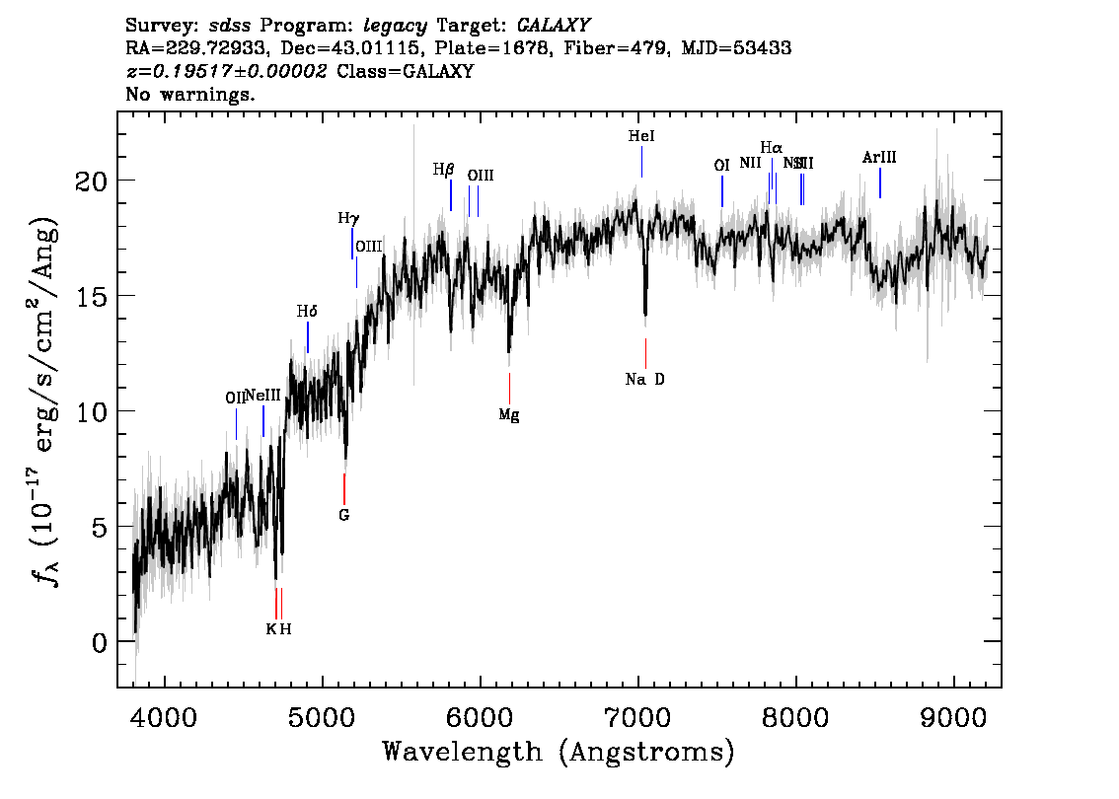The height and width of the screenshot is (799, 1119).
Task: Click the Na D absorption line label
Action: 645,380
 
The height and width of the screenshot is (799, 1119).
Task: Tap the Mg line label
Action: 509,415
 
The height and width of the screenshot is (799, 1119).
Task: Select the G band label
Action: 344,515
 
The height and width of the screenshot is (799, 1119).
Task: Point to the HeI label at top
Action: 641,137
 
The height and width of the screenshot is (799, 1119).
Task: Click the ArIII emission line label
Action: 879,158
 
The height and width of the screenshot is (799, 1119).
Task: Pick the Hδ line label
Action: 307,312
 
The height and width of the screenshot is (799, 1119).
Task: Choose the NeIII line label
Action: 263,396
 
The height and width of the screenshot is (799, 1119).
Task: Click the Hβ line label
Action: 443,170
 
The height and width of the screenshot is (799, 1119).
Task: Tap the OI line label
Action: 721,166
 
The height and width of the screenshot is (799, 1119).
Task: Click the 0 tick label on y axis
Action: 98,642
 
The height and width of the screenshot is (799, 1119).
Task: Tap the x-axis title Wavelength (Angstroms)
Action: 559,752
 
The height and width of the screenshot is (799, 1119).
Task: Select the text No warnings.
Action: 191,96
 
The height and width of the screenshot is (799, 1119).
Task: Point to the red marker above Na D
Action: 645,353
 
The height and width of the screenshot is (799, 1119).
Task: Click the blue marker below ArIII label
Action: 880,182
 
